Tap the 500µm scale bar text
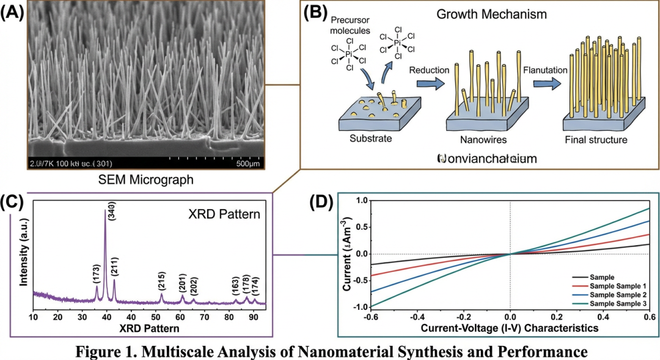pyautogui.click(x=248, y=164)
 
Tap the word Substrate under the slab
pyautogui.click(x=370, y=139)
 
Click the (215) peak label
pyautogui.click(x=161, y=281)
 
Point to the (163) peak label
pyautogui.click(x=235, y=287)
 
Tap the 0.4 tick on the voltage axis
pyautogui.click(x=603, y=317)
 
